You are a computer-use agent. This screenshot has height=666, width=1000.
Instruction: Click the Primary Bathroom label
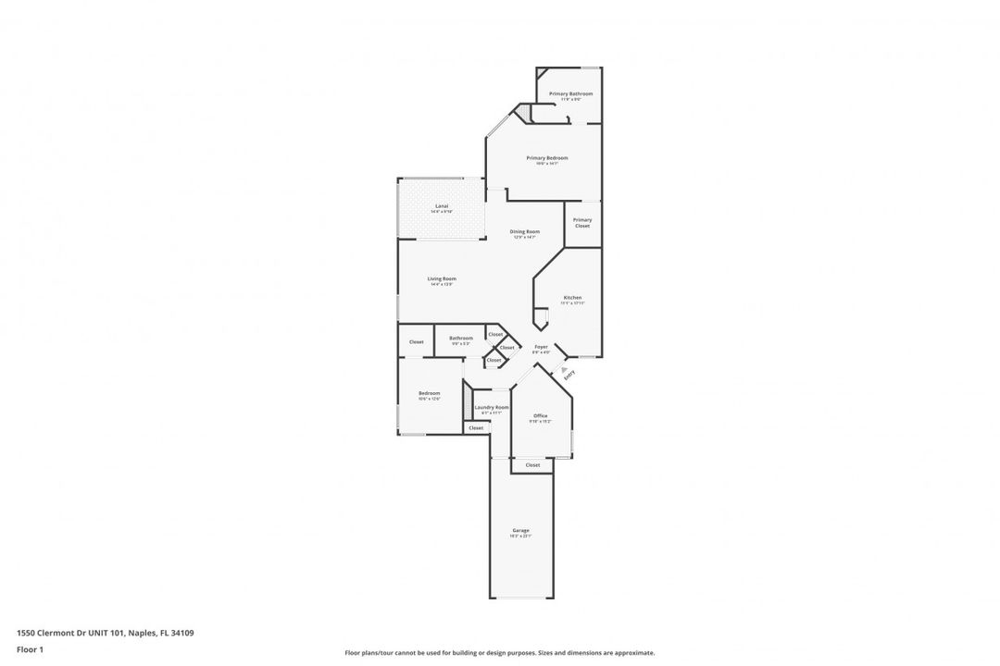(570, 93)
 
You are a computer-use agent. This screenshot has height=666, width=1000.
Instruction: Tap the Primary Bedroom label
(546, 158)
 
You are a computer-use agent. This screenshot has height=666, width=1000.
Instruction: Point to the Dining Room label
(525, 231)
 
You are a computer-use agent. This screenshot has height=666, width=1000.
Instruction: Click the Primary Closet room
(582, 223)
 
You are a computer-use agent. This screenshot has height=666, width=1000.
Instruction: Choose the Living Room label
(442, 278)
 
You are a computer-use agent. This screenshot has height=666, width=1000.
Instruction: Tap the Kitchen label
(572, 298)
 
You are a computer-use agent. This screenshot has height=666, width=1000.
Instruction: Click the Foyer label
(541, 347)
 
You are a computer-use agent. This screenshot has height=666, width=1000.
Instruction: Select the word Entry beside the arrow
(569, 375)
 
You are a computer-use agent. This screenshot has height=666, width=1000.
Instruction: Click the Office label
(541, 416)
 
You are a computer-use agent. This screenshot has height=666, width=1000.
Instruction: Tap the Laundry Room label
(491, 408)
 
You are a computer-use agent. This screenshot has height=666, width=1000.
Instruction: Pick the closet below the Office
(532, 465)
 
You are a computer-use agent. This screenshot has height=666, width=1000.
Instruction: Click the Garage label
(521, 530)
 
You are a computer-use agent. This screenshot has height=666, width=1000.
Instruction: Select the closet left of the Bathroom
(416, 341)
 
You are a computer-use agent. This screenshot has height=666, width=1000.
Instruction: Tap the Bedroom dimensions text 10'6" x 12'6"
(429, 399)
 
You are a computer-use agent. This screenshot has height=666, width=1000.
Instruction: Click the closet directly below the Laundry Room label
(476, 428)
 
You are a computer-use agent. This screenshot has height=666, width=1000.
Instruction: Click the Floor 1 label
(30, 649)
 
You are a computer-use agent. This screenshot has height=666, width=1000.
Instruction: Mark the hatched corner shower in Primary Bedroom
(523, 113)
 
